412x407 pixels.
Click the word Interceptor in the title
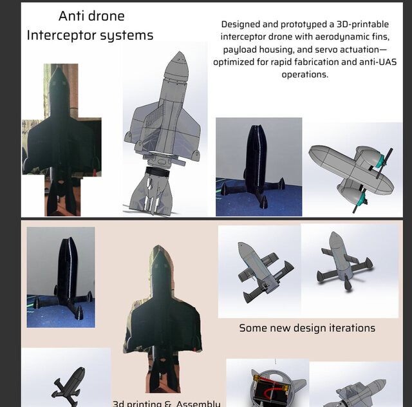[61, 35]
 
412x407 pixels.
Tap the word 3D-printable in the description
[362, 24]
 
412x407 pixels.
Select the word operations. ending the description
[305, 75]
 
